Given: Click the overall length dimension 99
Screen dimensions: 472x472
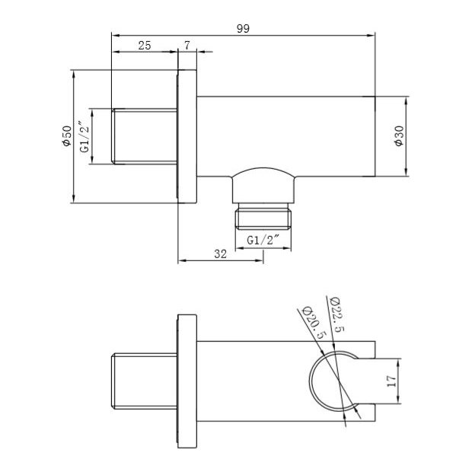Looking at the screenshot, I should (244, 28).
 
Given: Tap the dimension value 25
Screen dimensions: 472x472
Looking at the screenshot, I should (144, 45).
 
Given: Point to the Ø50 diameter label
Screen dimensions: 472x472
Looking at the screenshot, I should (66, 136).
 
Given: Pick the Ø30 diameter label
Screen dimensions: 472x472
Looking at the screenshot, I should (398, 136).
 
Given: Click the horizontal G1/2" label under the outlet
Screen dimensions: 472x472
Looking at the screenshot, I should (264, 241).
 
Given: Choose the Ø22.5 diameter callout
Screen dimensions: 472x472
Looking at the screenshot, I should (334, 313).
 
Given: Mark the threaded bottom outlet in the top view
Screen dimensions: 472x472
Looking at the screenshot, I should (264, 218).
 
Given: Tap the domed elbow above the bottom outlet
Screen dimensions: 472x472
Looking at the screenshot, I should (264, 183).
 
